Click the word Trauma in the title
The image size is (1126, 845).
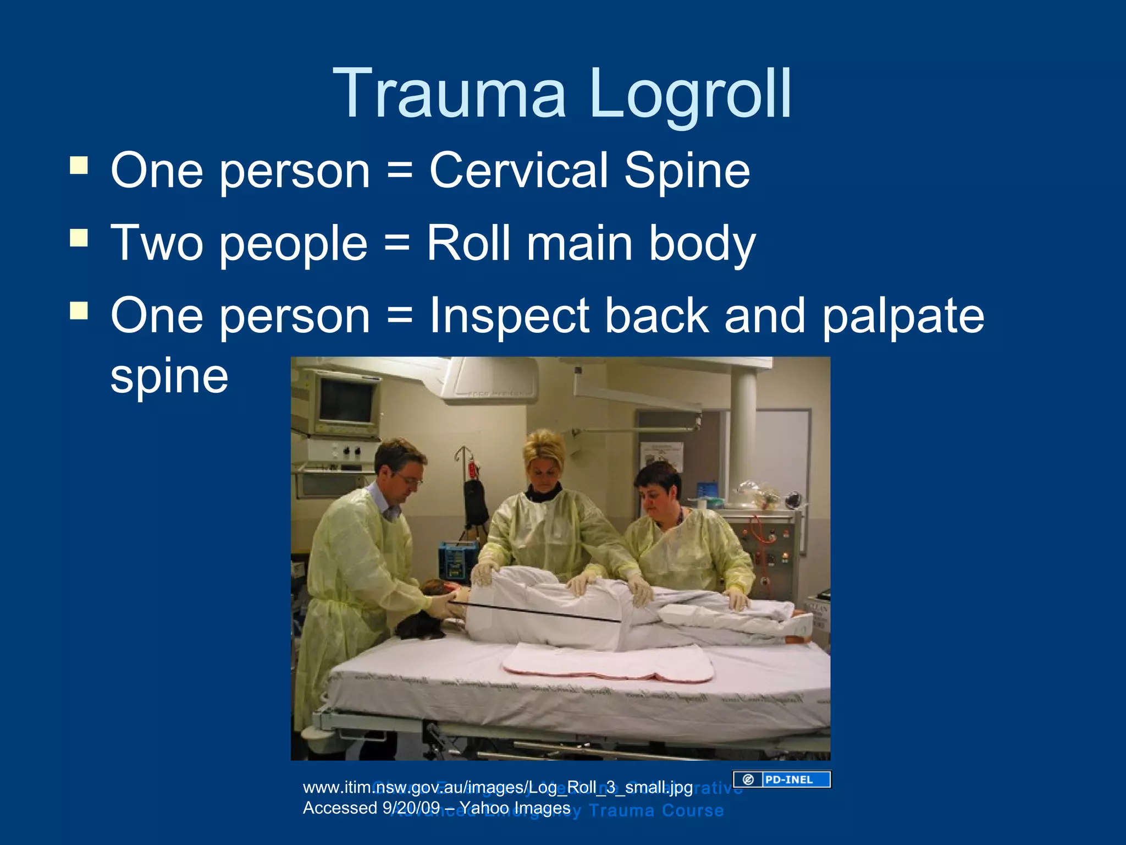coord(449,94)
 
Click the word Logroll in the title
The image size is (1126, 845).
coord(690,94)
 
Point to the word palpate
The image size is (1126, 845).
coord(902,316)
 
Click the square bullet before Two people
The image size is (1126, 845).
coord(79,238)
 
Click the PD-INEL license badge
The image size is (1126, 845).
coord(781,779)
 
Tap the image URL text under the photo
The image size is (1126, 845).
coord(498,787)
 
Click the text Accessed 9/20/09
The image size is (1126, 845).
coord(372,808)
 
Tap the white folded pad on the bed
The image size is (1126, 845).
coord(608,663)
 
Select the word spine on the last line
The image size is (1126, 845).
coord(169,377)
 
